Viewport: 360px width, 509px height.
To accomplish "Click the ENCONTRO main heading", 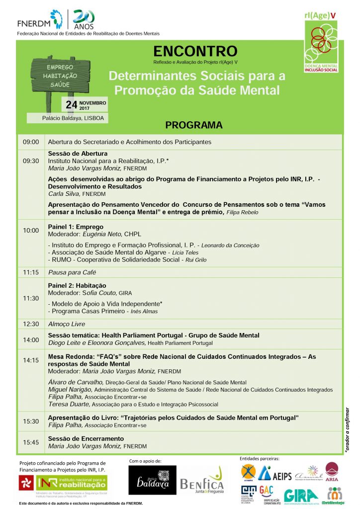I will [x=195, y=51].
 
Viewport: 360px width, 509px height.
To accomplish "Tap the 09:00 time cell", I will [x=31, y=142].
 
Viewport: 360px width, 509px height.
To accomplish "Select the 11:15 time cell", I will [x=31, y=272].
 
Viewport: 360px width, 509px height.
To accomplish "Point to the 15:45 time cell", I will [x=31, y=442].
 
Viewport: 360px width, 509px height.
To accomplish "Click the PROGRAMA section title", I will [x=194, y=125].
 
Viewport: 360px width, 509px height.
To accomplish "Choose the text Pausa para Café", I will [x=72, y=272].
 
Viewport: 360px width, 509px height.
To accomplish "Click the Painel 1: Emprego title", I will [x=76, y=227].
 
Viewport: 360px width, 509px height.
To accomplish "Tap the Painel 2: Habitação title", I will [x=77, y=285].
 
